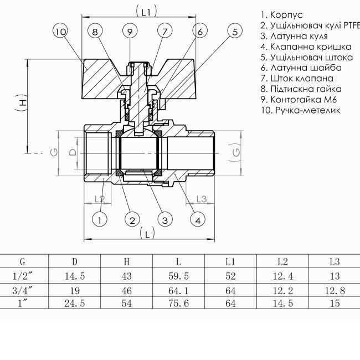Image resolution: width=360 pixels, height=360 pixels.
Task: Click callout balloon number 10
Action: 61,32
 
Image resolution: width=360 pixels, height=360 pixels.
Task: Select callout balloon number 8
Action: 95,32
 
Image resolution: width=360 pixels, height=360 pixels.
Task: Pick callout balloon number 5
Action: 235,32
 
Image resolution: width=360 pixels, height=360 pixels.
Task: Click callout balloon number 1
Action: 100,220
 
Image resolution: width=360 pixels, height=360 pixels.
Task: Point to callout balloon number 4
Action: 197,220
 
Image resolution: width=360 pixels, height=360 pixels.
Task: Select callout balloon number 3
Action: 164,220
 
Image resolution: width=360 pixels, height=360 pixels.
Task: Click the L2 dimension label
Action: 99,199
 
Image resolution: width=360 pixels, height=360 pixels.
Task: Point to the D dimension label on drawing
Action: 73,152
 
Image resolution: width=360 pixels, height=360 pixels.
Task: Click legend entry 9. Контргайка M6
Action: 303,100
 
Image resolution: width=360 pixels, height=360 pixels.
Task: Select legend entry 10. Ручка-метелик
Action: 300,110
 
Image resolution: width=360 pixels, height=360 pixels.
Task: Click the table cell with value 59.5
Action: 178,276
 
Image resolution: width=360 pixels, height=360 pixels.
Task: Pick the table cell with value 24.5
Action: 75,303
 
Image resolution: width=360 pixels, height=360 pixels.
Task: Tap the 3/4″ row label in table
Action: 22,290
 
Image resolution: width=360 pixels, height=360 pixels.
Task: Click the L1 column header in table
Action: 230,261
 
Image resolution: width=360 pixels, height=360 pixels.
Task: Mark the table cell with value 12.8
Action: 334,290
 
